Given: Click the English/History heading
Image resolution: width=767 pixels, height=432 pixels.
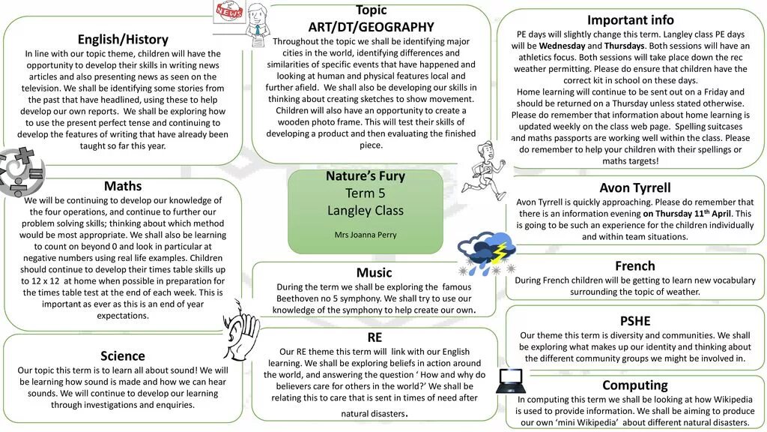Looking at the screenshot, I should point(123,39).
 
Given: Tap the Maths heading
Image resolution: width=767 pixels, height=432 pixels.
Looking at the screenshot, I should point(123,186).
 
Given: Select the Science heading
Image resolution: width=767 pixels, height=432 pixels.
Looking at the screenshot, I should point(123,355).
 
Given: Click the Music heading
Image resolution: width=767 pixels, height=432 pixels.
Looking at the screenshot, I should point(374,272).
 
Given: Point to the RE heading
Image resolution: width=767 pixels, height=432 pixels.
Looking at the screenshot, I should point(375,337).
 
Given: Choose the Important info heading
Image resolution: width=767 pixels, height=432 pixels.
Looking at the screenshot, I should point(630,20).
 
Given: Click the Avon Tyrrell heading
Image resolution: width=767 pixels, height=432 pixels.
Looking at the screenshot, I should point(635,187).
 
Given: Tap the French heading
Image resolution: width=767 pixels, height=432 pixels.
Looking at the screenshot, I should point(634,266).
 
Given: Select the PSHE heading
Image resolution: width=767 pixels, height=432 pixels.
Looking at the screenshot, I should point(634,321).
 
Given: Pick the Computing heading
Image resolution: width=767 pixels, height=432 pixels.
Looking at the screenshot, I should point(634,385).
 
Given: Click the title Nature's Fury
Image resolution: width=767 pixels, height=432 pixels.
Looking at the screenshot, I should point(366,176).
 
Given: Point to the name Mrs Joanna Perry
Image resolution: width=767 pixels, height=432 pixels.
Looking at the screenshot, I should point(366,235).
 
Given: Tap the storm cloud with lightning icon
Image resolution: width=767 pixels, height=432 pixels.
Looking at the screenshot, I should point(486,253).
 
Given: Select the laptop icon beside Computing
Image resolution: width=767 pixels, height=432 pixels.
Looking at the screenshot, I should point(510,381).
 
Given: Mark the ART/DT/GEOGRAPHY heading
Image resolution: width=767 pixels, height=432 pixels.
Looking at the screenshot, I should point(371,27).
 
